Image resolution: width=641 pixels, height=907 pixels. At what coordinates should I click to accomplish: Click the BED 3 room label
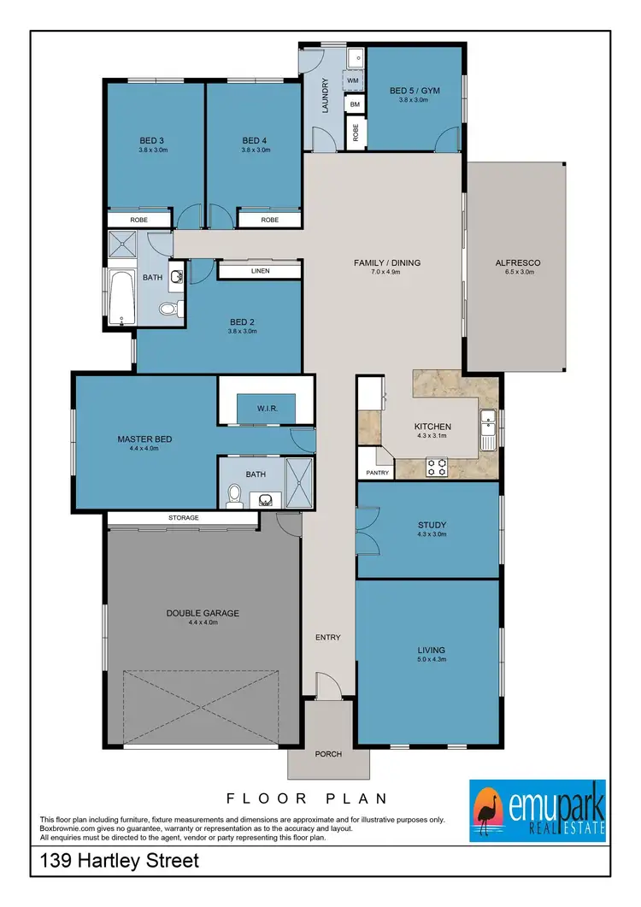(151, 141)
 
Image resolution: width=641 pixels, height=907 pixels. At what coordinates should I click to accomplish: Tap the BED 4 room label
(255, 141)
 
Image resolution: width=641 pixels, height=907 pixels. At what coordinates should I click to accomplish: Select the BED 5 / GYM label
(408, 90)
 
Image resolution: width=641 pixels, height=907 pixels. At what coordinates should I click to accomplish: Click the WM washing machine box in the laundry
(353, 80)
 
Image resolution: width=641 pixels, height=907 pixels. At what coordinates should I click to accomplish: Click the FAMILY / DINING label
(387, 262)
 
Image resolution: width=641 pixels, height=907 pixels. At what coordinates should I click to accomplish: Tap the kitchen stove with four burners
(438, 467)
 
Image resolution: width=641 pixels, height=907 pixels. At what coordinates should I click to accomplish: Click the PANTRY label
(377, 472)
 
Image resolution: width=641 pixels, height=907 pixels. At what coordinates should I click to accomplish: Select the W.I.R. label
(266, 408)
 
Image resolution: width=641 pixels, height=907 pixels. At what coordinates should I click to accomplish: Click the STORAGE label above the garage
(183, 518)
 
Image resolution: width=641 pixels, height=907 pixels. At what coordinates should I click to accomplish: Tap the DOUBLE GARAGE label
(203, 613)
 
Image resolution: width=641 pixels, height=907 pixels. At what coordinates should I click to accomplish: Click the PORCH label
(328, 754)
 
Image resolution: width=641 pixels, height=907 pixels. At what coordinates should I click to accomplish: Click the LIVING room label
(432, 650)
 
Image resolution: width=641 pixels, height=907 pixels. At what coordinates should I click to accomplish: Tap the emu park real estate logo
(538, 808)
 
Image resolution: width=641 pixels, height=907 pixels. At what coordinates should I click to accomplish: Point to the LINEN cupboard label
(260, 271)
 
